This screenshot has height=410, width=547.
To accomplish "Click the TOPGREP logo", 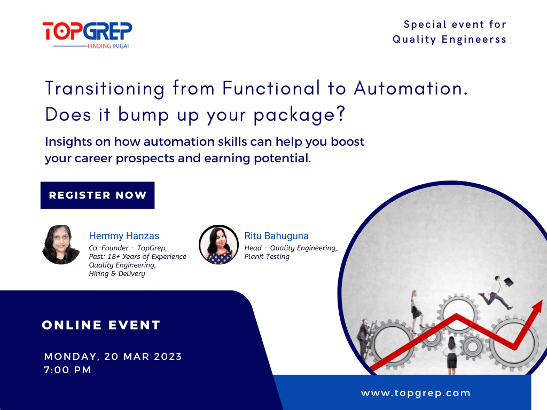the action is (87, 35).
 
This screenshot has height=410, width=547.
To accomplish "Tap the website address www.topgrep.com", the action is (416, 393).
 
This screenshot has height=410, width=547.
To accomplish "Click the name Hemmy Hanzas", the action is (124, 236).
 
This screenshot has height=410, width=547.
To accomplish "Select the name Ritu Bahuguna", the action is (276, 236).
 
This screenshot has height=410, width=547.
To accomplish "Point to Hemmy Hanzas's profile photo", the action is (61, 245).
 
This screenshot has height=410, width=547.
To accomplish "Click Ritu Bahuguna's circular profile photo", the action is (218, 245).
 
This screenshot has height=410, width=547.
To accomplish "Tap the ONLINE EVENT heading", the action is (101, 325).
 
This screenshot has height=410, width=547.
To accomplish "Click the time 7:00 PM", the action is (68, 370).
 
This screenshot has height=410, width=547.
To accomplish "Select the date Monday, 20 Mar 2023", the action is (113, 357).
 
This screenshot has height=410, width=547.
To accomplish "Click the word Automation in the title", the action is (411, 88).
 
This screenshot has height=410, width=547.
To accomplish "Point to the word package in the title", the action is (299, 115).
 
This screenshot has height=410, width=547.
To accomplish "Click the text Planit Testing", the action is (267, 257).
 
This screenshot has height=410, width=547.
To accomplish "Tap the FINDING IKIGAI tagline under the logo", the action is (108, 46).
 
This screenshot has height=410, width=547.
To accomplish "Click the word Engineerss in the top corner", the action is (474, 40).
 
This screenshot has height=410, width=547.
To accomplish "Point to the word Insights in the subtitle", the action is (68, 142).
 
